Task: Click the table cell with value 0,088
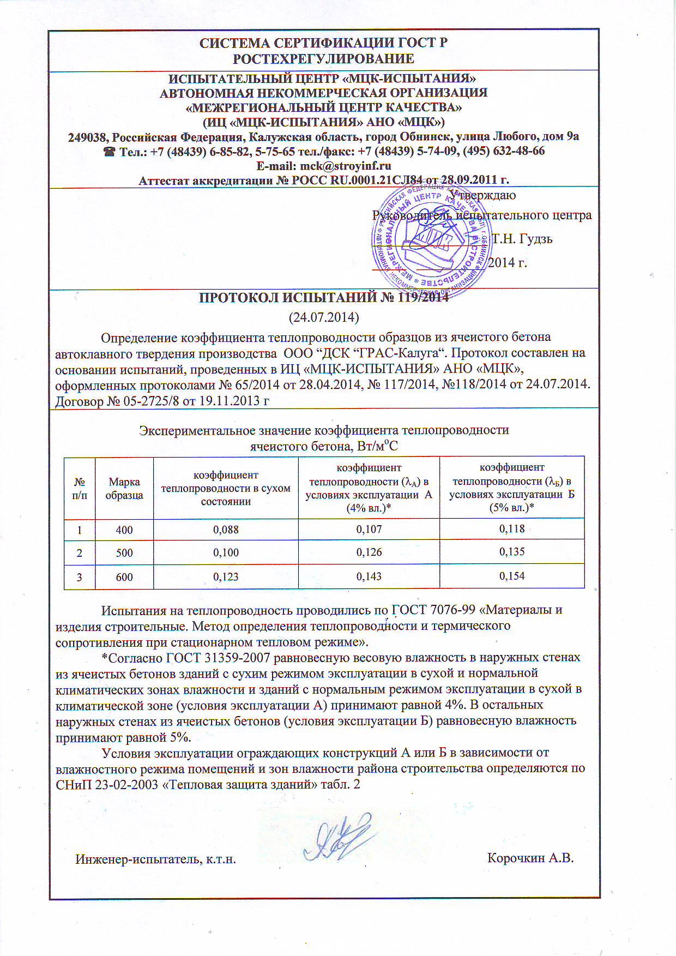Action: coord(226,530)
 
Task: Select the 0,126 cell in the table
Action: coord(369,552)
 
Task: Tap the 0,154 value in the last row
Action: coord(512,576)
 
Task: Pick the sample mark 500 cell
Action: coord(124,553)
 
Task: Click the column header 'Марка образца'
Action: coord(124,489)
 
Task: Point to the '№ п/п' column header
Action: coord(80,489)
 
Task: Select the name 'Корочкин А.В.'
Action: coord(530,858)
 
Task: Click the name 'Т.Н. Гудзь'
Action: coord(522,239)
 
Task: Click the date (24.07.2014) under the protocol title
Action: coord(323,317)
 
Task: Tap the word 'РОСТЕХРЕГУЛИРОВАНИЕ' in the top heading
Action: coord(323,59)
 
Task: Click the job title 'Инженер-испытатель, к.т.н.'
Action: coord(155,859)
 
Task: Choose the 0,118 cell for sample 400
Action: coord(512,529)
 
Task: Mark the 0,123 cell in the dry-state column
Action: coord(226,577)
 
